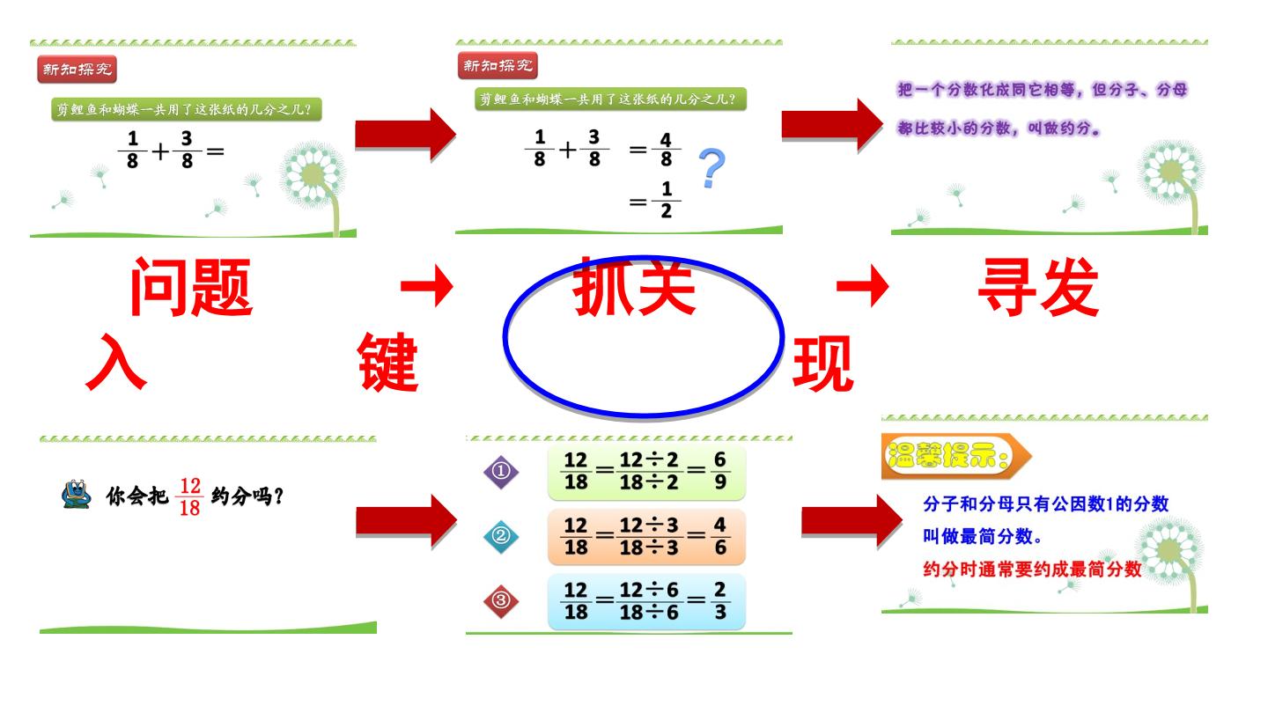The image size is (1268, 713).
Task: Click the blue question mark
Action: coord(712,168)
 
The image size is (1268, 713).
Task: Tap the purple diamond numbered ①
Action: coord(501,472)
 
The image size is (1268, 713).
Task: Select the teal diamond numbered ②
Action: coord(501,536)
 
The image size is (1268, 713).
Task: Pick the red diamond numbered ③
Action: coord(501,600)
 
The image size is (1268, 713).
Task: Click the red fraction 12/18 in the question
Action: coord(189,496)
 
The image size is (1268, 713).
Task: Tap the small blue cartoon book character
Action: coord(77,494)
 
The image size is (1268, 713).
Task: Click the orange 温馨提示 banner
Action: coord(956,456)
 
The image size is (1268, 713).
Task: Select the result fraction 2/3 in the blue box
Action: coord(720,601)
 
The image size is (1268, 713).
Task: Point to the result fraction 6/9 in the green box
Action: coord(720,471)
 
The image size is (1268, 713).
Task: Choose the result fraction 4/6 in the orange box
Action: coord(720,536)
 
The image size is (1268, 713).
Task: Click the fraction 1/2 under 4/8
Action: coord(667,200)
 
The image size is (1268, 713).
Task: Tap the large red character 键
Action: coord(388,362)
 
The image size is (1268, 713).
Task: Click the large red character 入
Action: coord(116,362)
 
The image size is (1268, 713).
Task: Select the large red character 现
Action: coord(822,363)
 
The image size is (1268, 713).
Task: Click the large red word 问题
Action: coord(191,287)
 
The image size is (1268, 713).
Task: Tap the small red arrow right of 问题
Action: coord(427,286)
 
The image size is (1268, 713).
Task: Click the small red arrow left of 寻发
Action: coord(863,286)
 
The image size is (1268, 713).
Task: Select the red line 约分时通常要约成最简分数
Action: coord(1032,570)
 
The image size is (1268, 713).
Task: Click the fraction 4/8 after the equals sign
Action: coord(667,150)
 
